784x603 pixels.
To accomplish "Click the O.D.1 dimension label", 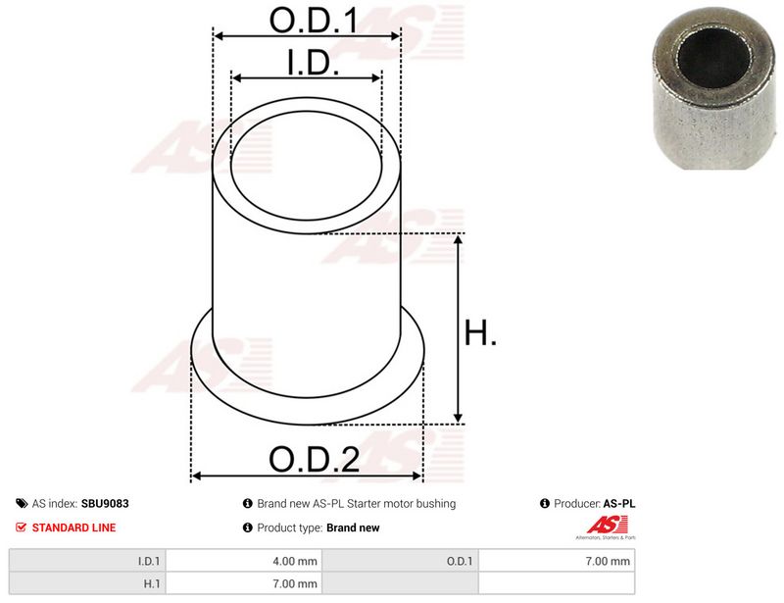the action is (314, 21).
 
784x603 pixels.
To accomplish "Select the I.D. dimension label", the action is (314, 63).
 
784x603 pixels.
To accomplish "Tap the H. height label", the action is (480, 332).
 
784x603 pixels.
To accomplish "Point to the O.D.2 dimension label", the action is (314, 459).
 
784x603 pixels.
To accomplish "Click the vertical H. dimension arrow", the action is (458, 328).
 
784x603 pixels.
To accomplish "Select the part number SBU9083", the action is (105, 503).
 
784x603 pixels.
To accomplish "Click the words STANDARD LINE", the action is (74, 528).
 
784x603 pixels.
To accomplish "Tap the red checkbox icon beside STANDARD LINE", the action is (21, 528).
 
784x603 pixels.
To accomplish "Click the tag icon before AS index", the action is (22, 503).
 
